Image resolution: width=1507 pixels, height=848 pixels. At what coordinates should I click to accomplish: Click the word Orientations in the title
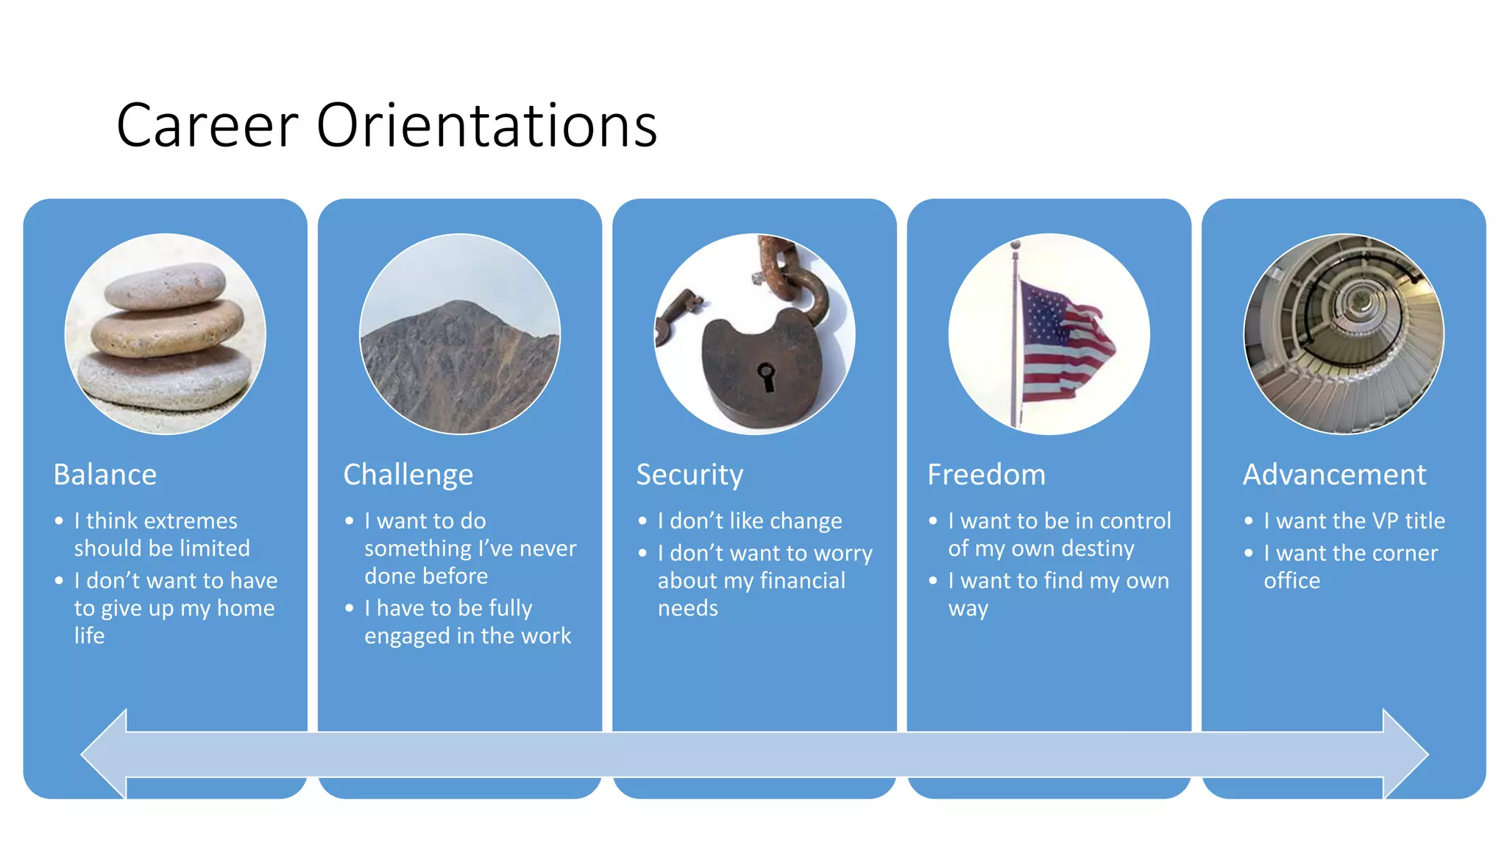point(486,126)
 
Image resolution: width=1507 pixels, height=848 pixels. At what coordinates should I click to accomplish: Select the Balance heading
point(105,475)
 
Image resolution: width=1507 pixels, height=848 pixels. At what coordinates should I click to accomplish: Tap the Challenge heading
point(408,476)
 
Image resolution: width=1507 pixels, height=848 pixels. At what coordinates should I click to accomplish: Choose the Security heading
point(689,476)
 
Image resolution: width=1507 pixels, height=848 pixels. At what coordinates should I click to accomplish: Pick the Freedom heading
point(986,475)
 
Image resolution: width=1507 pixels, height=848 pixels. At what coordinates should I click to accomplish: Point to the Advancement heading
point(1334,475)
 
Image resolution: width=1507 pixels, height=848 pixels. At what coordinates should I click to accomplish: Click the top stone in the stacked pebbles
point(166,286)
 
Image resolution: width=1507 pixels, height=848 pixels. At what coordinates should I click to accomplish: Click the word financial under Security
point(802,581)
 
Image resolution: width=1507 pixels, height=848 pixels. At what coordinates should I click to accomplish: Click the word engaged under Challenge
point(407,637)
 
